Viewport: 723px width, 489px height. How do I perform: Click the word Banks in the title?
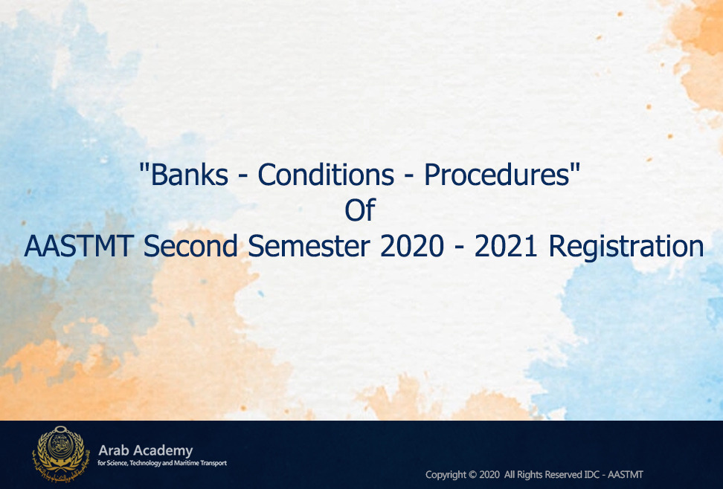189,175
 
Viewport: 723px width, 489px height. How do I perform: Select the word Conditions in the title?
326,175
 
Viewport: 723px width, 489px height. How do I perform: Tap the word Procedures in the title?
497,175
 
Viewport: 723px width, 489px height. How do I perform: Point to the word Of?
360,210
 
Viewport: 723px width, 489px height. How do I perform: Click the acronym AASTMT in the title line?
79,246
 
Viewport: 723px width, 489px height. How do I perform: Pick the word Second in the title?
190,246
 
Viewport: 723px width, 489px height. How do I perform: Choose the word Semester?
309,246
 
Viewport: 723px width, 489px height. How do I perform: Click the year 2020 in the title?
412,246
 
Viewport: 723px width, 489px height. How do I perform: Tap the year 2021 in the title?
506,246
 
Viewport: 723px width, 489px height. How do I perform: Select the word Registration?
626,247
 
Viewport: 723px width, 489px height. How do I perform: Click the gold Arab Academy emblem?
60,453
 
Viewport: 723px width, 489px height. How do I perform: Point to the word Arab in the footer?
112,450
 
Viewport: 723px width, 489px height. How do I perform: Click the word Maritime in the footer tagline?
186,463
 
